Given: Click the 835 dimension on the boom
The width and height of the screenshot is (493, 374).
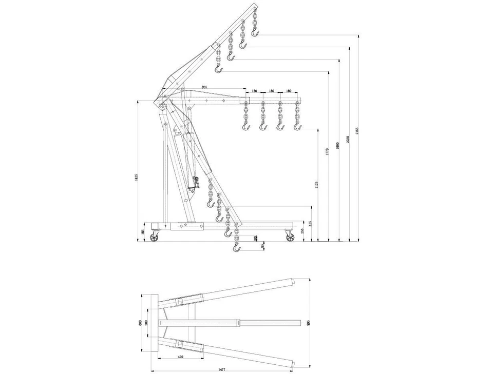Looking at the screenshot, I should coord(204,87).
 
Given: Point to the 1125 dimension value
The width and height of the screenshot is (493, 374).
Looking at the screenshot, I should coord(316,184).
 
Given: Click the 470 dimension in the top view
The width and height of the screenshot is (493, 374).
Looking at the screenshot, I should coord(181,357).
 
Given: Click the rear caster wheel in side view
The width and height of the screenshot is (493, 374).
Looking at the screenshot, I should coord(155,237).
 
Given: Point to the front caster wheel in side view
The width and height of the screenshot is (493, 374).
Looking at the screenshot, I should coord(290,237).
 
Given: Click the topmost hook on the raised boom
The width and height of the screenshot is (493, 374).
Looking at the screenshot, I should coord(256,33).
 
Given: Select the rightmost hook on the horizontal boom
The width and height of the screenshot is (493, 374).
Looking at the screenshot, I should coord(297,125).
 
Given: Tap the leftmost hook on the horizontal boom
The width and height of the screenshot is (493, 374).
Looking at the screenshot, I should coord(245,125).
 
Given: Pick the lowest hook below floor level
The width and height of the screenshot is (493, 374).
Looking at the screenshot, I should coord(236,248).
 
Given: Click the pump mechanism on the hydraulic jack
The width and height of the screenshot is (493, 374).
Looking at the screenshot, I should coord(195,183).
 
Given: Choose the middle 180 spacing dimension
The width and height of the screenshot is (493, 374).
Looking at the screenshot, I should coord(272,91).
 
